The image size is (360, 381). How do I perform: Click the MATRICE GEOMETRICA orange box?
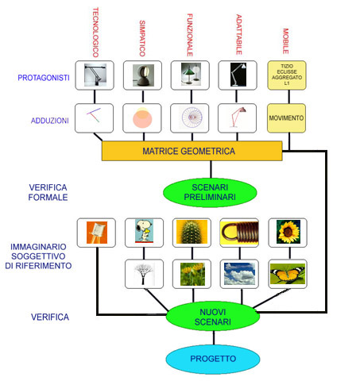(192, 151)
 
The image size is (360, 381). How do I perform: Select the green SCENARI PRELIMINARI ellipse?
(210, 192)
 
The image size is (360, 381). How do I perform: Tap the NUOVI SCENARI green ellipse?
(213, 317)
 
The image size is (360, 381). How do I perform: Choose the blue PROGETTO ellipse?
(213, 359)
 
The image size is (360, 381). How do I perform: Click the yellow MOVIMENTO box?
(286, 118)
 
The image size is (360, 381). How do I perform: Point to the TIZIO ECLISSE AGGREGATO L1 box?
(287, 75)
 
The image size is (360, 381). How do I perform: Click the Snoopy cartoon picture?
(144, 231)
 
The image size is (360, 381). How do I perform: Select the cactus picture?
(192, 232)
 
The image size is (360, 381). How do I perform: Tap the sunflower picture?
(288, 232)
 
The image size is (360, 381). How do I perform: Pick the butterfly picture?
(288, 274)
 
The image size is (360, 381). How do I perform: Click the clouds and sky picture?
(239, 274)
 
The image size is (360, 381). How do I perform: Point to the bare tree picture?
(144, 274)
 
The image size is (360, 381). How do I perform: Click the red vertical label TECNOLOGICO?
(95, 33)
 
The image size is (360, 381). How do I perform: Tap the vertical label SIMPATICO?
(142, 38)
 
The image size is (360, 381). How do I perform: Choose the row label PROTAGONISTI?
(44, 78)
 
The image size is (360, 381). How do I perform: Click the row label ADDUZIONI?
(50, 121)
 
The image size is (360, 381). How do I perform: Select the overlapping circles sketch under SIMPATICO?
(142, 118)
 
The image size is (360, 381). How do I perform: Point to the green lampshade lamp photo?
(191, 74)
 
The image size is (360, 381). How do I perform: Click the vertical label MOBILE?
(285, 41)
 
